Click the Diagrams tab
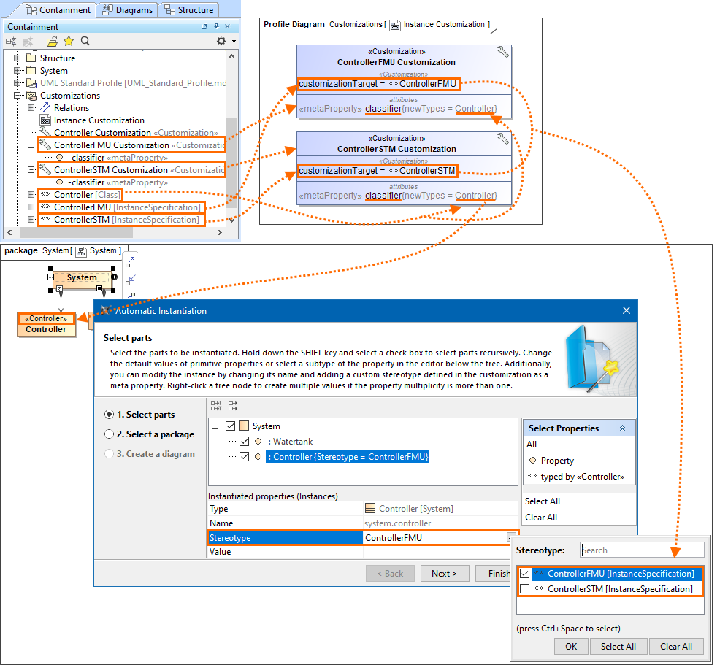point(129,10)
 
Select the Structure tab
point(188,10)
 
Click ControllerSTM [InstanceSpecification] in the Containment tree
point(126,220)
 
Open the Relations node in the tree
point(72,108)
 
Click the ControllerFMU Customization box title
point(396,62)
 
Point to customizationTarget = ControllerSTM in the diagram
point(378,171)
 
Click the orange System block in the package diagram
point(82,277)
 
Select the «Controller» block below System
point(46,324)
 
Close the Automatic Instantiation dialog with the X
point(626,310)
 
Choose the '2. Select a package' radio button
point(110,434)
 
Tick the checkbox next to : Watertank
point(245,441)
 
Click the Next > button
point(444,574)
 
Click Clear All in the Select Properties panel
point(541,518)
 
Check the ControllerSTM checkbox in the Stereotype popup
point(524,589)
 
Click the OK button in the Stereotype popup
point(570,646)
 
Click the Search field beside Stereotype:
point(641,550)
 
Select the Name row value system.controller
point(397,523)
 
